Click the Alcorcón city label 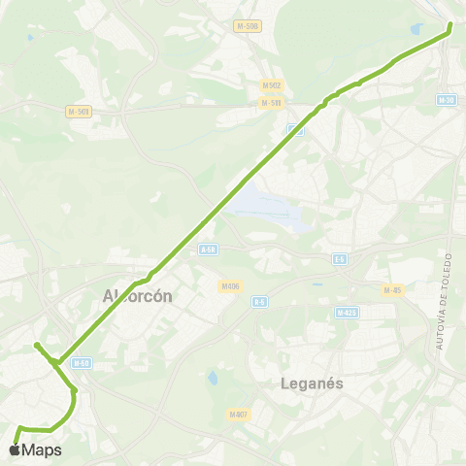click(x=138, y=296)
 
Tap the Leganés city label click(x=314, y=383)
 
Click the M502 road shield click(x=271, y=85)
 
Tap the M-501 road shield click(x=79, y=112)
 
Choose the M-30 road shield click(x=446, y=100)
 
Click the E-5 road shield click(x=340, y=259)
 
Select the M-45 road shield click(x=392, y=289)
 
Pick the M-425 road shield click(x=347, y=313)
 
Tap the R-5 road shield click(x=259, y=302)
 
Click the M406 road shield click(x=230, y=285)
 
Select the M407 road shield click(x=239, y=415)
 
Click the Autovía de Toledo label click(x=445, y=301)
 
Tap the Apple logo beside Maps click(x=14, y=449)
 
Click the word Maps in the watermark click(x=43, y=450)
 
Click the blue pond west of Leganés click(x=213, y=377)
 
